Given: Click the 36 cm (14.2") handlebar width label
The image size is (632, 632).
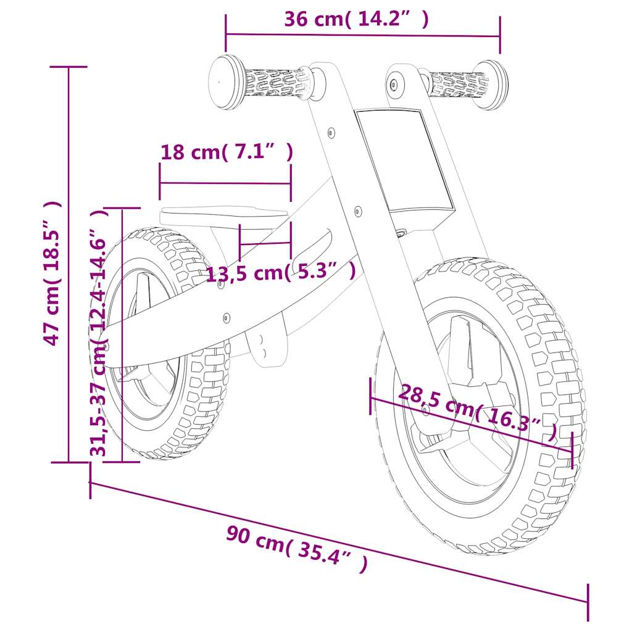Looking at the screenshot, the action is point(356,19).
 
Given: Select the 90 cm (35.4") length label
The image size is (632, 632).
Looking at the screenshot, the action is point(297,549).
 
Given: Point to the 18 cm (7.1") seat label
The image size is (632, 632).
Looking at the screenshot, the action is point(227,152).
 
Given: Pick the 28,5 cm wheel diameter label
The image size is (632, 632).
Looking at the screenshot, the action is point(478,412).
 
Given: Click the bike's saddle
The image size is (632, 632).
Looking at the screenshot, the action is point(224,217).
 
